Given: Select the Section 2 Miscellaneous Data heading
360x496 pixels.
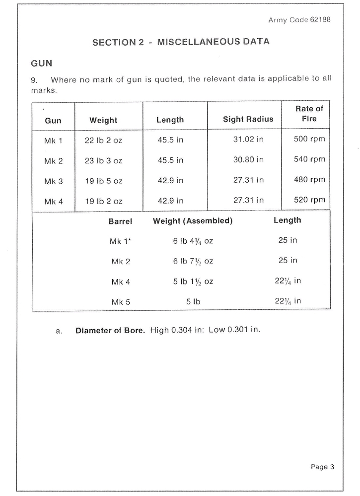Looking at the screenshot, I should [x=181, y=42].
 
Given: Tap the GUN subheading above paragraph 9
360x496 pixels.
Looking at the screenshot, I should [x=42, y=64].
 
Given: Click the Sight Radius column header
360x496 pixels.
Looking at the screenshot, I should [x=248, y=120].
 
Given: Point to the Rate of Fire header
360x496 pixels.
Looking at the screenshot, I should [x=309, y=114].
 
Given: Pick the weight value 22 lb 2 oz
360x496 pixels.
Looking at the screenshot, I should [x=103, y=141].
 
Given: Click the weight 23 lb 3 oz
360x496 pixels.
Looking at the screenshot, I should [x=103, y=161].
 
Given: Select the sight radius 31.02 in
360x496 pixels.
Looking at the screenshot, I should [x=248, y=140].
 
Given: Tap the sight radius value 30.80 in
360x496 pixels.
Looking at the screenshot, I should [x=248, y=160].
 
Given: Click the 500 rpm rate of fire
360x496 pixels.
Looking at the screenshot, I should [x=310, y=139].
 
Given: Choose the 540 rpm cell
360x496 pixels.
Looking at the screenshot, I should [x=310, y=159].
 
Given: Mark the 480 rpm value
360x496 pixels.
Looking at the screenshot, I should [x=310, y=180].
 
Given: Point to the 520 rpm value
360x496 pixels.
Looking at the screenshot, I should [x=310, y=200].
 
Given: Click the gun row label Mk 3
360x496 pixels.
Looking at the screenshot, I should [x=54, y=181].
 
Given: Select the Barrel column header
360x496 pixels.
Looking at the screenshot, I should [x=120, y=221].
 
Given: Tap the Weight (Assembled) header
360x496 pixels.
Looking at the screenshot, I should [x=193, y=221].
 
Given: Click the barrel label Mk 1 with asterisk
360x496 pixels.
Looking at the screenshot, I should [x=120, y=241].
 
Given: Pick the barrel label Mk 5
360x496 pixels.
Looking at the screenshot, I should [x=121, y=301].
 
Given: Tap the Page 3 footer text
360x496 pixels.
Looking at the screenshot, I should [x=322, y=467].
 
